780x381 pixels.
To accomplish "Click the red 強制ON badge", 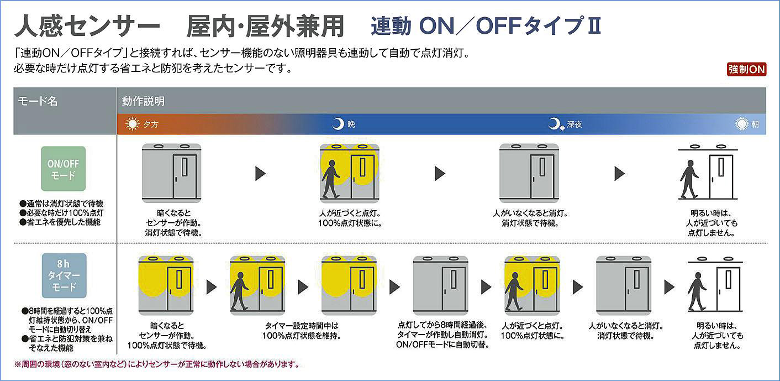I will click(x=746, y=70).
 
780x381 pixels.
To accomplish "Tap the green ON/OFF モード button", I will click(x=64, y=169).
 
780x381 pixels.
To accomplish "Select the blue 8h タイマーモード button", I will click(x=64, y=275).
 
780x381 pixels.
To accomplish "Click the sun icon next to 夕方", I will click(x=133, y=124).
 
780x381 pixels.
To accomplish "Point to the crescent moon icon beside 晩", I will click(x=338, y=124).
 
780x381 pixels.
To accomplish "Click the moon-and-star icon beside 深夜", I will click(x=555, y=124).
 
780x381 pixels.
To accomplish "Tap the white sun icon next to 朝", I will click(x=742, y=124).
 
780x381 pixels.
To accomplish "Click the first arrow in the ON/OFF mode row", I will click(x=260, y=174).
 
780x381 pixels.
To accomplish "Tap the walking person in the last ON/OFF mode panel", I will click(x=689, y=179).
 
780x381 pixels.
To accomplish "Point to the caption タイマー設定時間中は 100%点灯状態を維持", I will click(x=301, y=331).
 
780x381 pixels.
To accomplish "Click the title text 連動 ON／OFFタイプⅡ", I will click(x=486, y=26).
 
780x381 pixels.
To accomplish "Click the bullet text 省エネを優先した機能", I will click(x=61, y=222).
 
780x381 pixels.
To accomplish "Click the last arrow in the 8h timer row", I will click(x=669, y=287).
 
